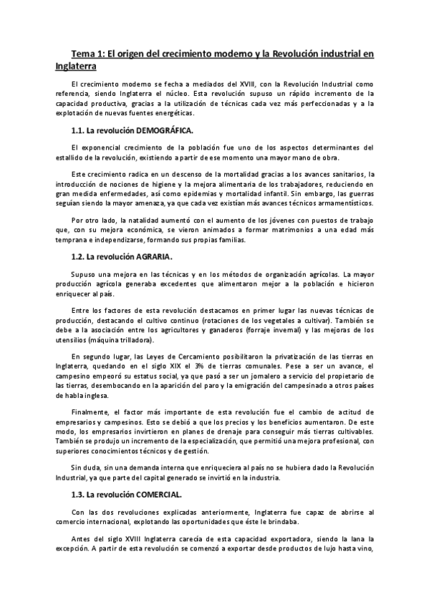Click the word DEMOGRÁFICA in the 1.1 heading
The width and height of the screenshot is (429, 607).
[x=165, y=131]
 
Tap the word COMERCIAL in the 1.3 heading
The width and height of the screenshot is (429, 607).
[x=162, y=494]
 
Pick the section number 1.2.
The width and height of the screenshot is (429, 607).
[x=79, y=256]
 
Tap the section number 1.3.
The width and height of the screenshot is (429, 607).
[x=79, y=494]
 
